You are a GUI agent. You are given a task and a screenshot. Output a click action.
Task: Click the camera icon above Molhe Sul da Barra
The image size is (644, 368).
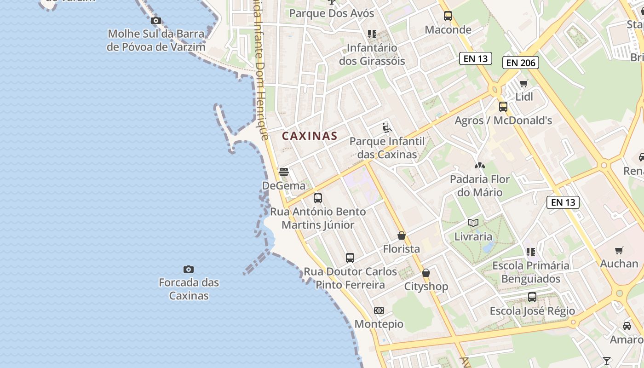(x=156, y=21)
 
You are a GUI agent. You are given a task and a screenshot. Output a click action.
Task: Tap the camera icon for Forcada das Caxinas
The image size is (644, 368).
(x=189, y=269)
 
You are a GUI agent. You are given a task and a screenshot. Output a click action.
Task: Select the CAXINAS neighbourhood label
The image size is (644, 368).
(x=310, y=136)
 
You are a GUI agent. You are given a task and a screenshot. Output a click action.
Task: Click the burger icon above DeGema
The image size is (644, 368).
(x=284, y=172)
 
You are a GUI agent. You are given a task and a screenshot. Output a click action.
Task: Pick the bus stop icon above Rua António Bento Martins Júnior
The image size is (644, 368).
(x=318, y=198)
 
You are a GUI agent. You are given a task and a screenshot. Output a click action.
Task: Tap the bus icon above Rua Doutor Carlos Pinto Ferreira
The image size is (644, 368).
(x=350, y=258)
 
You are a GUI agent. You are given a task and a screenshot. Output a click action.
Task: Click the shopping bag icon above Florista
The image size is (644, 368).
(x=402, y=236)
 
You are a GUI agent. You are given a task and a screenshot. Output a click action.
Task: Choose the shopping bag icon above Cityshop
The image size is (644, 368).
(x=426, y=273)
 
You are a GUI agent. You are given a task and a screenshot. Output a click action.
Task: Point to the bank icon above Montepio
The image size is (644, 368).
(x=379, y=310)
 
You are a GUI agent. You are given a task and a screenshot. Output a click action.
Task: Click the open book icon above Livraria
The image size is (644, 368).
(x=473, y=223)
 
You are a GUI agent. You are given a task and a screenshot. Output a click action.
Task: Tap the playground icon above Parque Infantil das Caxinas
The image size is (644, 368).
(x=387, y=127)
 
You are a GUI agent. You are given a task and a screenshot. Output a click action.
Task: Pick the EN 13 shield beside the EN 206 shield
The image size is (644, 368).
(x=476, y=58)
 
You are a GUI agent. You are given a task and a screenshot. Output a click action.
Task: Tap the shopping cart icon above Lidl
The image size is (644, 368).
(x=524, y=83)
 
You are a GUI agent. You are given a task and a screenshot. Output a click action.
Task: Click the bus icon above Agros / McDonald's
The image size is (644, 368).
(x=503, y=107)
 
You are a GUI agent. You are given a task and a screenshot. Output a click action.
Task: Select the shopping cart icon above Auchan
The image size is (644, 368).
(x=619, y=250)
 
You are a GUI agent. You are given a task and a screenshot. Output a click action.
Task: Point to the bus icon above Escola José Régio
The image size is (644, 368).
(x=532, y=297)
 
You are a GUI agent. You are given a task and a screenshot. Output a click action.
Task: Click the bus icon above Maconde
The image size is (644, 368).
(x=448, y=16)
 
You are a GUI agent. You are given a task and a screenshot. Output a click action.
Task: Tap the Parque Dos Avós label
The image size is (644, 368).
(x=332, y=13)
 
